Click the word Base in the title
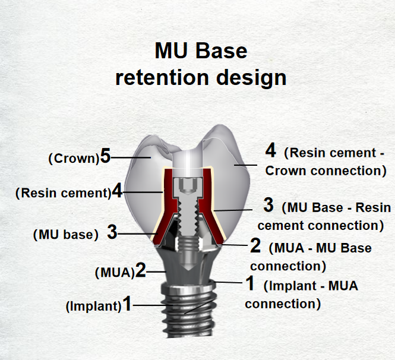pyautogui.click(x=221, y=51)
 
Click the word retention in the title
pyautogui.click(x=162, y=77)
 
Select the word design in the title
pyautogui.click(x=251, y=78)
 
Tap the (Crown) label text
pyautogui.click(x=74, y=159)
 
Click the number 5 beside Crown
pyautogui.click(x=105, y=156)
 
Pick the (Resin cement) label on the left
pyautogui.click(x=63, y=193)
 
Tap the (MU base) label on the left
pyautogui.click(x=66, y=235)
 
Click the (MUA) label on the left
pyautogui.click(x=115, y=272)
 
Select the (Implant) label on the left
pyautogui.click(x=94, y=307)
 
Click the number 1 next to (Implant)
pyautogui.click(x=127, y=304)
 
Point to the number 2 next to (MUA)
pyautogui.click(x=141, y=270)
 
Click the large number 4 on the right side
pyautogui.click(x=270, y=150)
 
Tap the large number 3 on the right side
pyautogui.click(x=268, y=205)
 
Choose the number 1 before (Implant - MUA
pyautogui.click(x=250, y=283)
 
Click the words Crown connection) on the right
pyautogui.click(x=326, y=171)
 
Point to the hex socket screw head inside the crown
pyautogui.click(x=188, y=187)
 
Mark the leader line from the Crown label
pyautogui.click(x=131, y=157)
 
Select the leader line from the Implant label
pyautogui.click(x=153, y=305)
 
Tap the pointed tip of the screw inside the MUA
pyautogui.click(x=188, y=270)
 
